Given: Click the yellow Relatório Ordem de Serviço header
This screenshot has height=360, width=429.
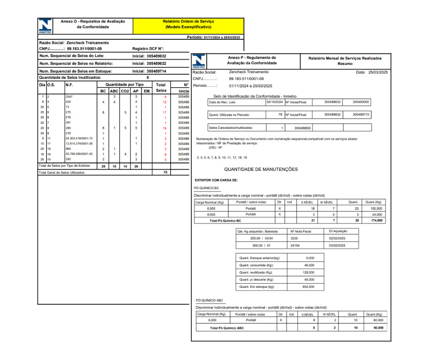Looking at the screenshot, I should (x=188, y=24).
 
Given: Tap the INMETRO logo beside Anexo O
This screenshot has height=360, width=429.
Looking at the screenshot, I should (x=45, y=26).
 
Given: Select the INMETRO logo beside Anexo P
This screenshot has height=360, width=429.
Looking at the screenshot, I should (x=199, y=61).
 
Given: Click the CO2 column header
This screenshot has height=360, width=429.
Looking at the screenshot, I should (x=125, y=91).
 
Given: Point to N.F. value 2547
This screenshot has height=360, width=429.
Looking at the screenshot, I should (x=69, y=97).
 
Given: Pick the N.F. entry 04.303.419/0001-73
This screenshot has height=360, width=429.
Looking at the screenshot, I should (x=79, y=138).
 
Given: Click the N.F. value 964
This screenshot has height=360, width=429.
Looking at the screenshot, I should (x=68, y=149).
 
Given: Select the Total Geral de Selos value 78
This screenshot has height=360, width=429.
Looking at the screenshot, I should (x=165, y=173).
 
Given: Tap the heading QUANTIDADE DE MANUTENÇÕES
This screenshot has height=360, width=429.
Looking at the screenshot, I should (x=261, y=169).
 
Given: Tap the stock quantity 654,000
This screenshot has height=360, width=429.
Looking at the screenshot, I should (x=309, y=287).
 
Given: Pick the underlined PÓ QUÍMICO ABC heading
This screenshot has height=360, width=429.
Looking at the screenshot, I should (x=209, y=301).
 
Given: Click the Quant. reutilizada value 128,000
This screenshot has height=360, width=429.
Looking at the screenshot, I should (x=309, y=272).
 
